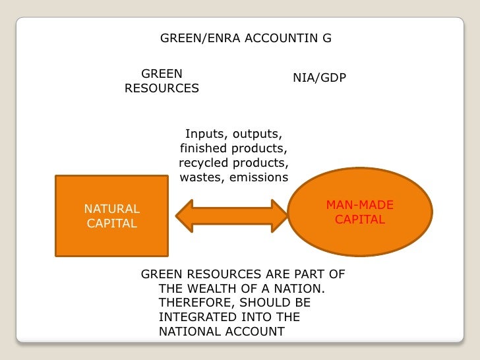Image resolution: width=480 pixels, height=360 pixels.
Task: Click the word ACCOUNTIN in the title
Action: [278, 38]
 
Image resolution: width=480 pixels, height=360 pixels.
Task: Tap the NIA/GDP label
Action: [319, 78]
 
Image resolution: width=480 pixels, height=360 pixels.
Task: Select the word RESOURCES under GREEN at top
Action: [162, 88]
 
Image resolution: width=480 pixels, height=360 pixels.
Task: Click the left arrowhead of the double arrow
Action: [185, 215]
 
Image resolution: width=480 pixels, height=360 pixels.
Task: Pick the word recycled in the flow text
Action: [201, 163]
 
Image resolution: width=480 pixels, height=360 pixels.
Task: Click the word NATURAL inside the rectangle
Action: [111, 209]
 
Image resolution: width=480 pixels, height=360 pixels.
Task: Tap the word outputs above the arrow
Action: [258, 134]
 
